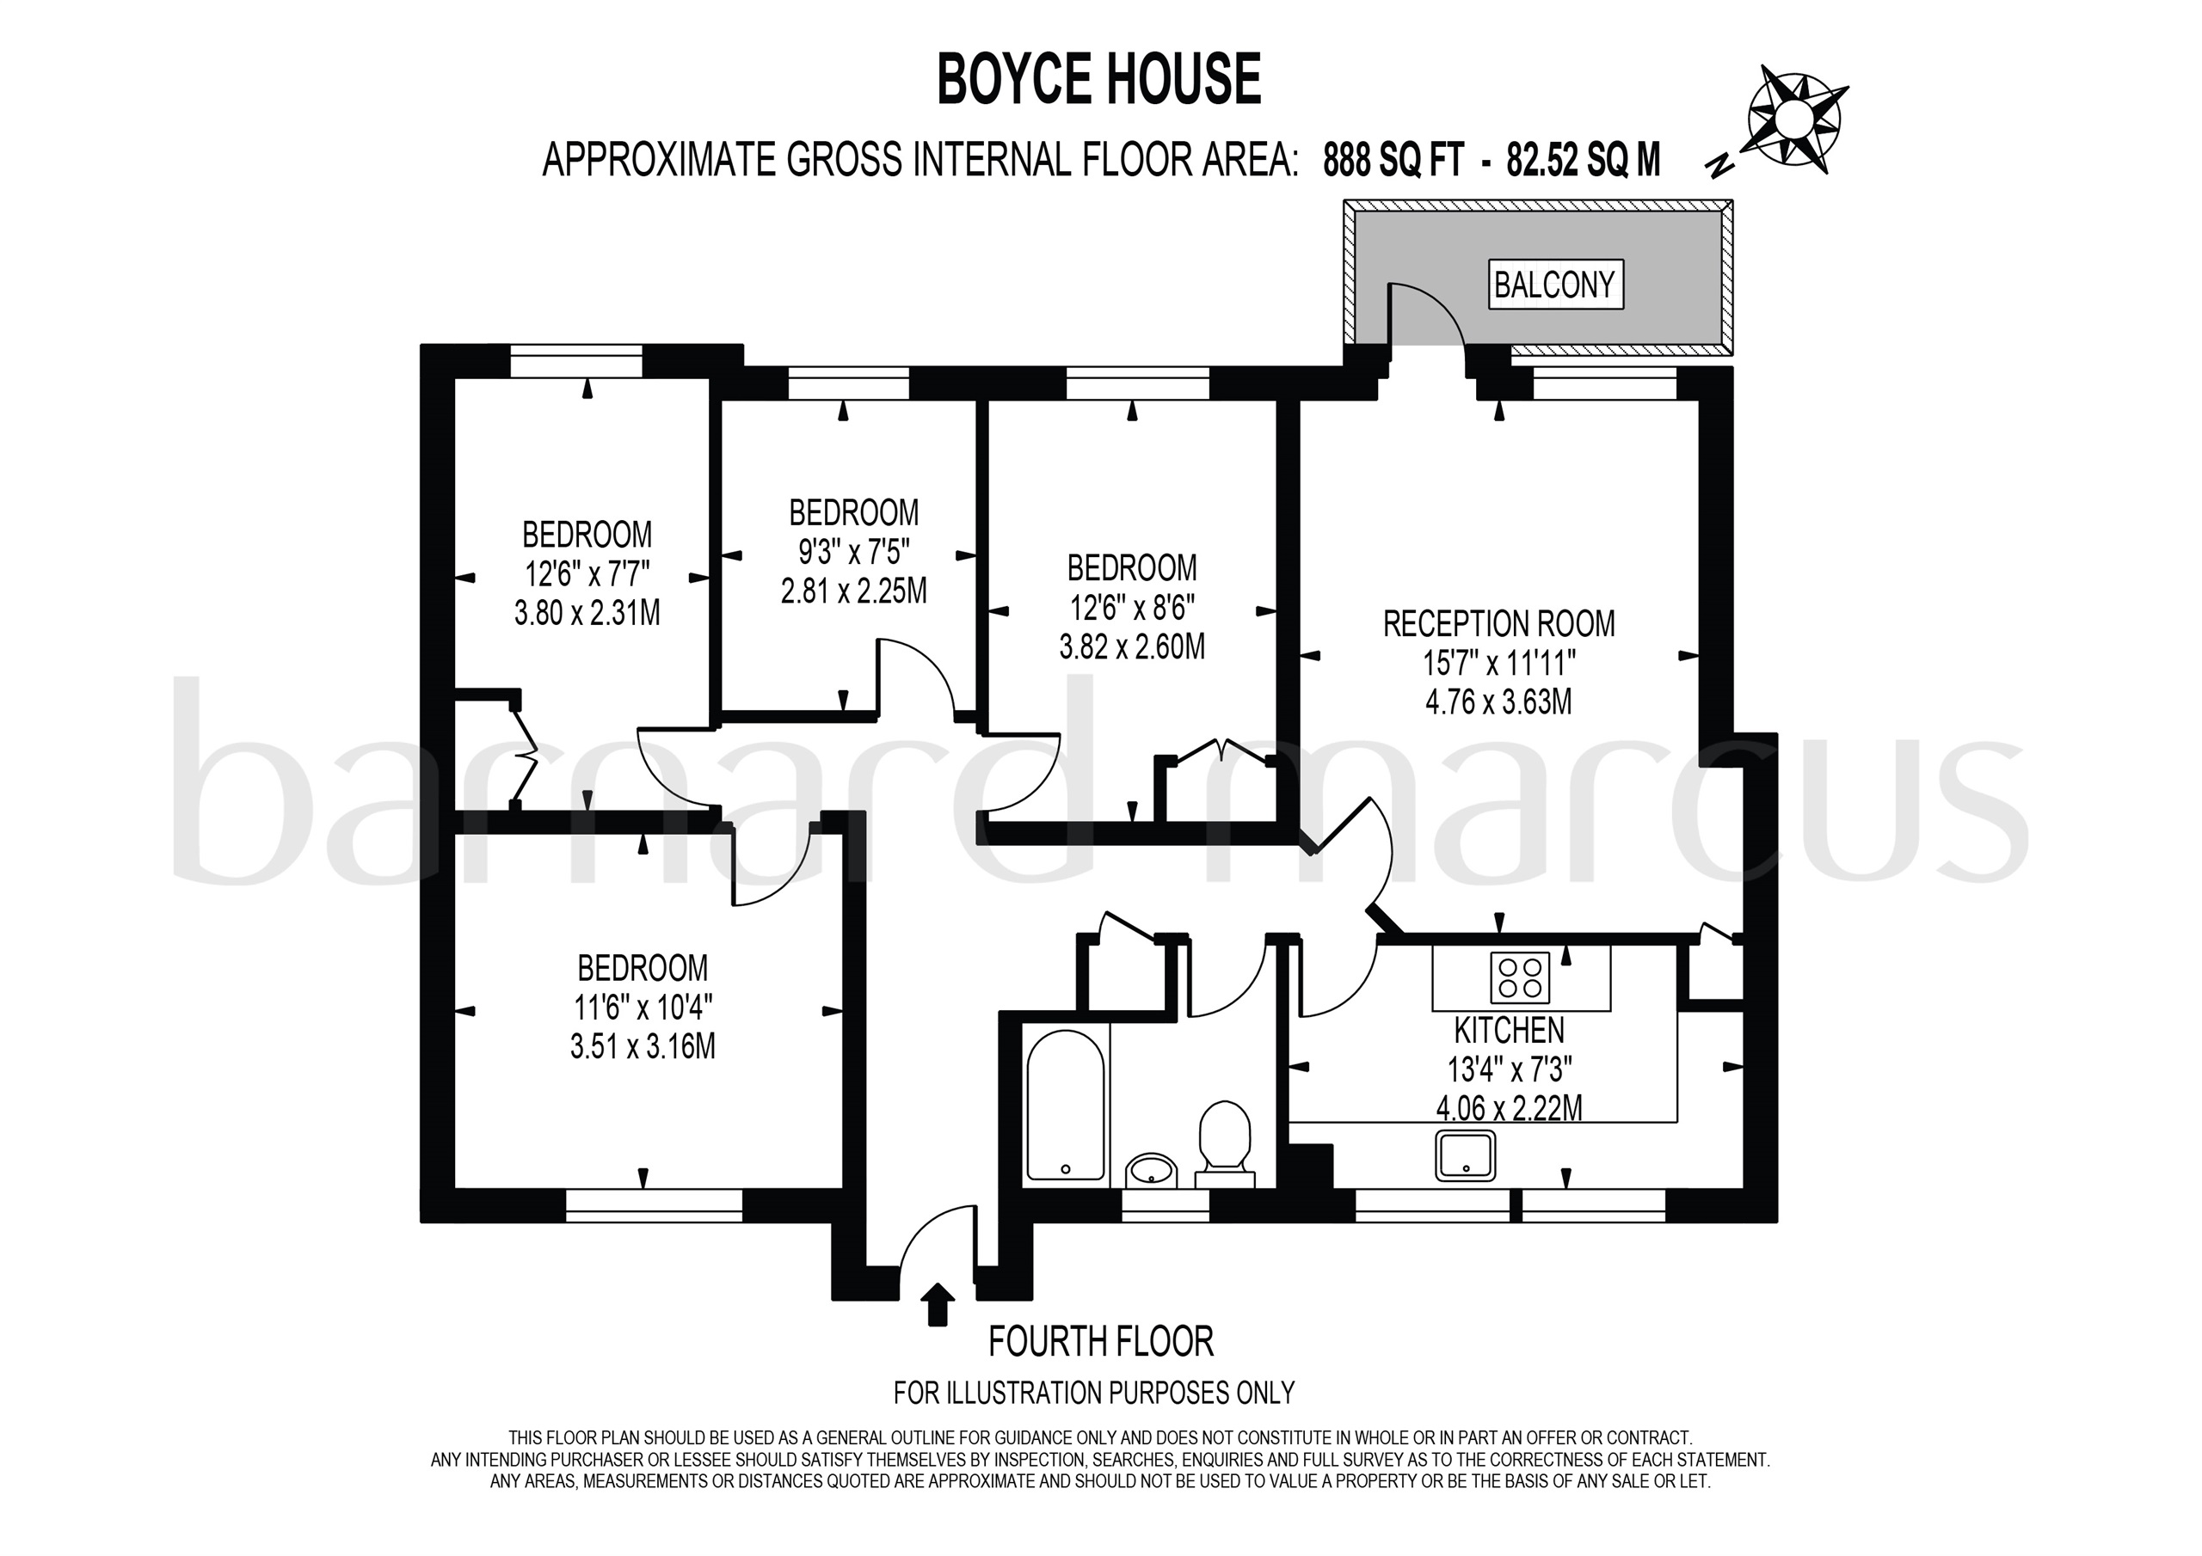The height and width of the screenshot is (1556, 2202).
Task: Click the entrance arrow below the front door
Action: pyautogui.click(x=937, y=1305)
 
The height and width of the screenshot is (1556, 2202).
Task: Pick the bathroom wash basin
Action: pyautogui.click(x=1151, y=1171)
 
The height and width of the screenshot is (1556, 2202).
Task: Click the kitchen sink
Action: pyautogui.click(x=1466, y=1155)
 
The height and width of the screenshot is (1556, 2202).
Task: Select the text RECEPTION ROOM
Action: pyautogui.click(x=1498, y=624)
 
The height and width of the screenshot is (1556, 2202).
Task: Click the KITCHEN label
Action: pyautogui.click(x=1509, y=1031)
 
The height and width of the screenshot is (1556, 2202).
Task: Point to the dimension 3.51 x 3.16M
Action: pyautogui.click(x=643, y=1046)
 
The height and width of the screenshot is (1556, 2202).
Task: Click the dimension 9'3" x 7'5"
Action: pyautogui.click(x=853, y=552)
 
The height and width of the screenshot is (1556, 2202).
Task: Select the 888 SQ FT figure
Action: pyautogui.click(x=1393, y=160)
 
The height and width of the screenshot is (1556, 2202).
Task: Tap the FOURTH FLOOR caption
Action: pyautogui.click(x=1101, y=1341)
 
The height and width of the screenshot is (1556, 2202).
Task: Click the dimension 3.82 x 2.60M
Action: pyautogui.click(x=1132, y=647)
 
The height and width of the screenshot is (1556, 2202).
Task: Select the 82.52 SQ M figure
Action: pyautogui.click(x=1584, y=160)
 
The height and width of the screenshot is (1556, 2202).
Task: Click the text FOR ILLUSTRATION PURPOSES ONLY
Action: pyautogui.click(x=1094, y=1392)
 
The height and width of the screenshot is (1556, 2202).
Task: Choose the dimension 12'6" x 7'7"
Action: pyautogui.click(x=587, y=573)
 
